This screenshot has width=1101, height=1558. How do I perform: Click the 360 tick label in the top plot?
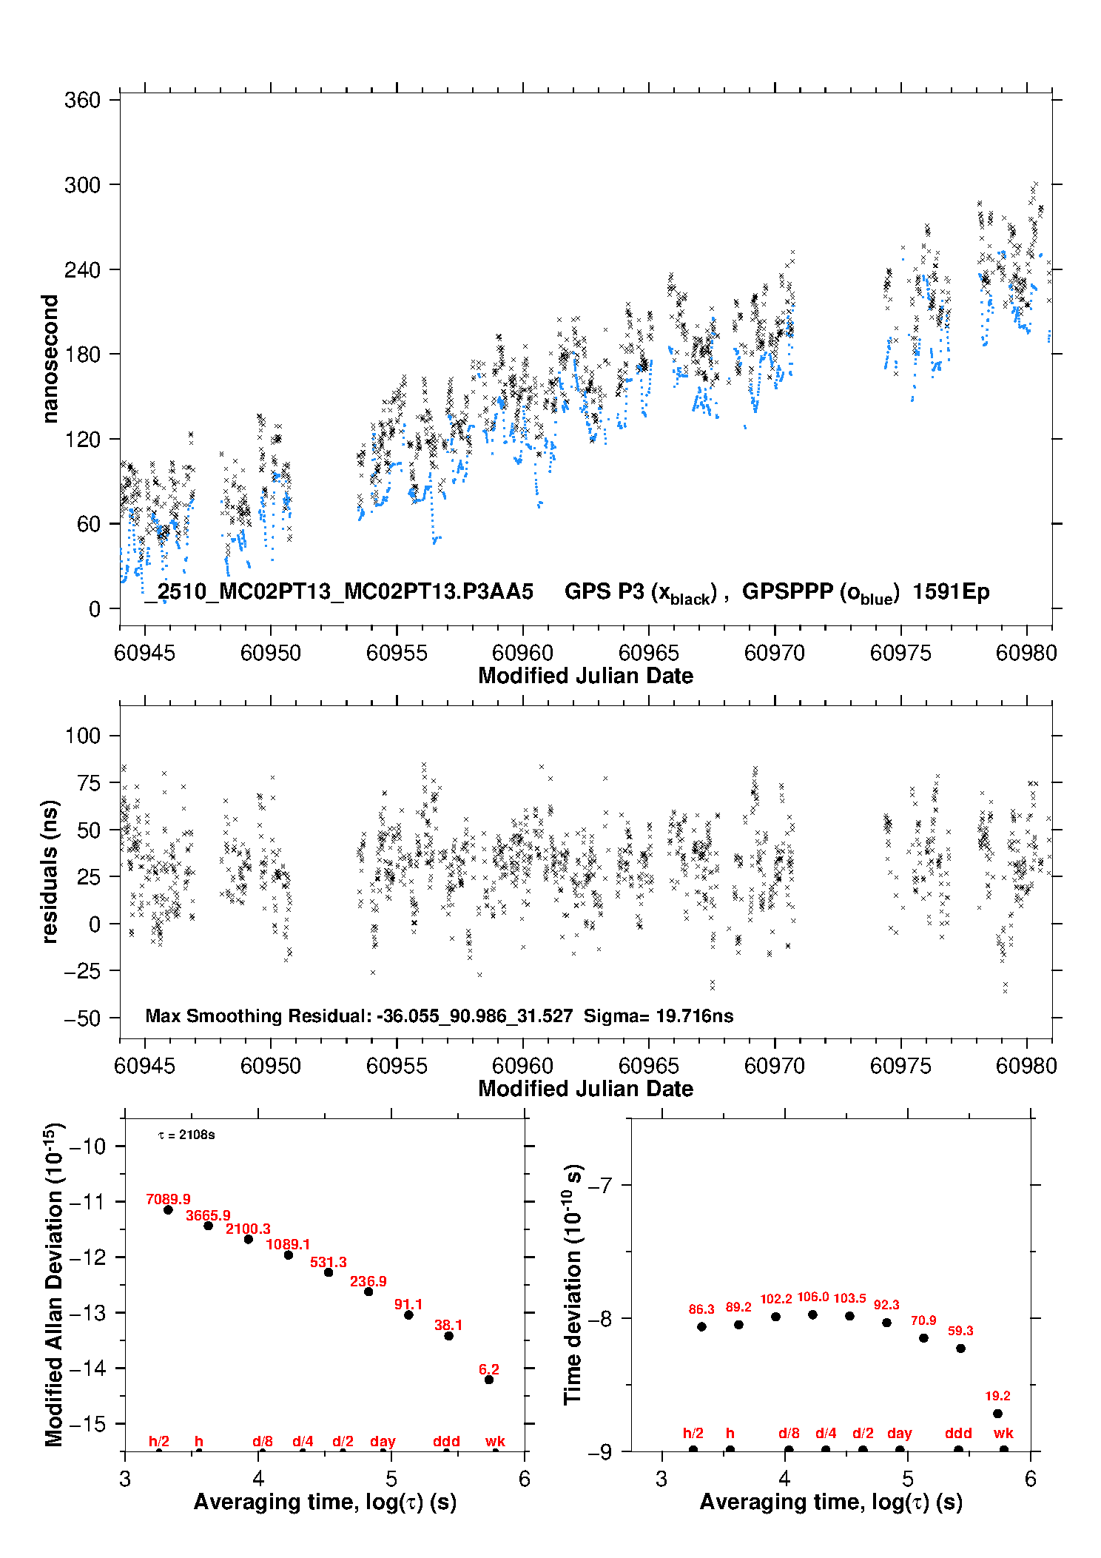[82, 100]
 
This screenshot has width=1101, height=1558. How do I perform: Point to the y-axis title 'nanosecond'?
[50, 359]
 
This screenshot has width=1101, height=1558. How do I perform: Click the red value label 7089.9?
[168, 1199]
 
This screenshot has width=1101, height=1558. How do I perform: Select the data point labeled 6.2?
[489, 1380]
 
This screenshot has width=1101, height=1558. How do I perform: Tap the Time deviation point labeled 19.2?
[997, 1414]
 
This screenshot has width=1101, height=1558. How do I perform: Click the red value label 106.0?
[812, 1297]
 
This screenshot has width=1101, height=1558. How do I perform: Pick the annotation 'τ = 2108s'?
[186, 1135]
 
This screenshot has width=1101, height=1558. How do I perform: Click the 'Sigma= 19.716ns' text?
[659, 1015]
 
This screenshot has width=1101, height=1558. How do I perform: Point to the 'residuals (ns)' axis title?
[50, 872]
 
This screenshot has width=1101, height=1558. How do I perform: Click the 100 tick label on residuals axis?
[83, 736]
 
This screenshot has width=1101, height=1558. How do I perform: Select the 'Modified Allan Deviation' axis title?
[55, 1284]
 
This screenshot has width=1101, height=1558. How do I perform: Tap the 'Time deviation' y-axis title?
[573, 1285]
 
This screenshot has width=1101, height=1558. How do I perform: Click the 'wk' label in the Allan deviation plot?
[495, 1441]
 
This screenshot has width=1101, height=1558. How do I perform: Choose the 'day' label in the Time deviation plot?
[900, 1433]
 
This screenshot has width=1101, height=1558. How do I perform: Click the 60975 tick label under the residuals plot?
[900, 1066]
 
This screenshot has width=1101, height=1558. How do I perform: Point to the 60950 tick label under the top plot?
[271, 653]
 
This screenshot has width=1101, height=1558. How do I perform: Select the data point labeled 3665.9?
[209, 1226]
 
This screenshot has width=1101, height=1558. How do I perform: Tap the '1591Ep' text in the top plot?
[951, 592]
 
